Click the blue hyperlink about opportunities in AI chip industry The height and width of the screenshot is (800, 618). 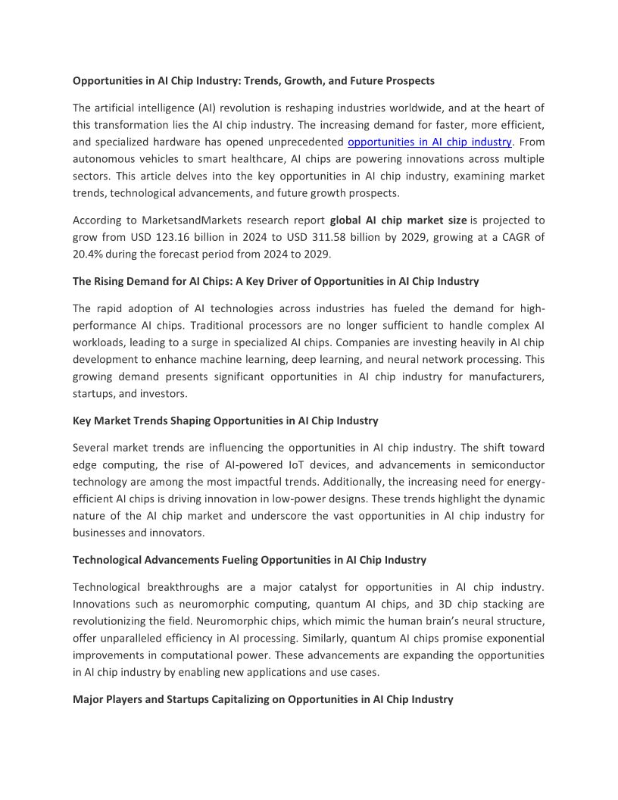coord(430,142)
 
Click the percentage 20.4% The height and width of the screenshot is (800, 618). coord(89,254)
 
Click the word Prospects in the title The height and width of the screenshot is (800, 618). coord(409,80)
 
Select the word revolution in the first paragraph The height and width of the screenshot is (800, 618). coord(254,108)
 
